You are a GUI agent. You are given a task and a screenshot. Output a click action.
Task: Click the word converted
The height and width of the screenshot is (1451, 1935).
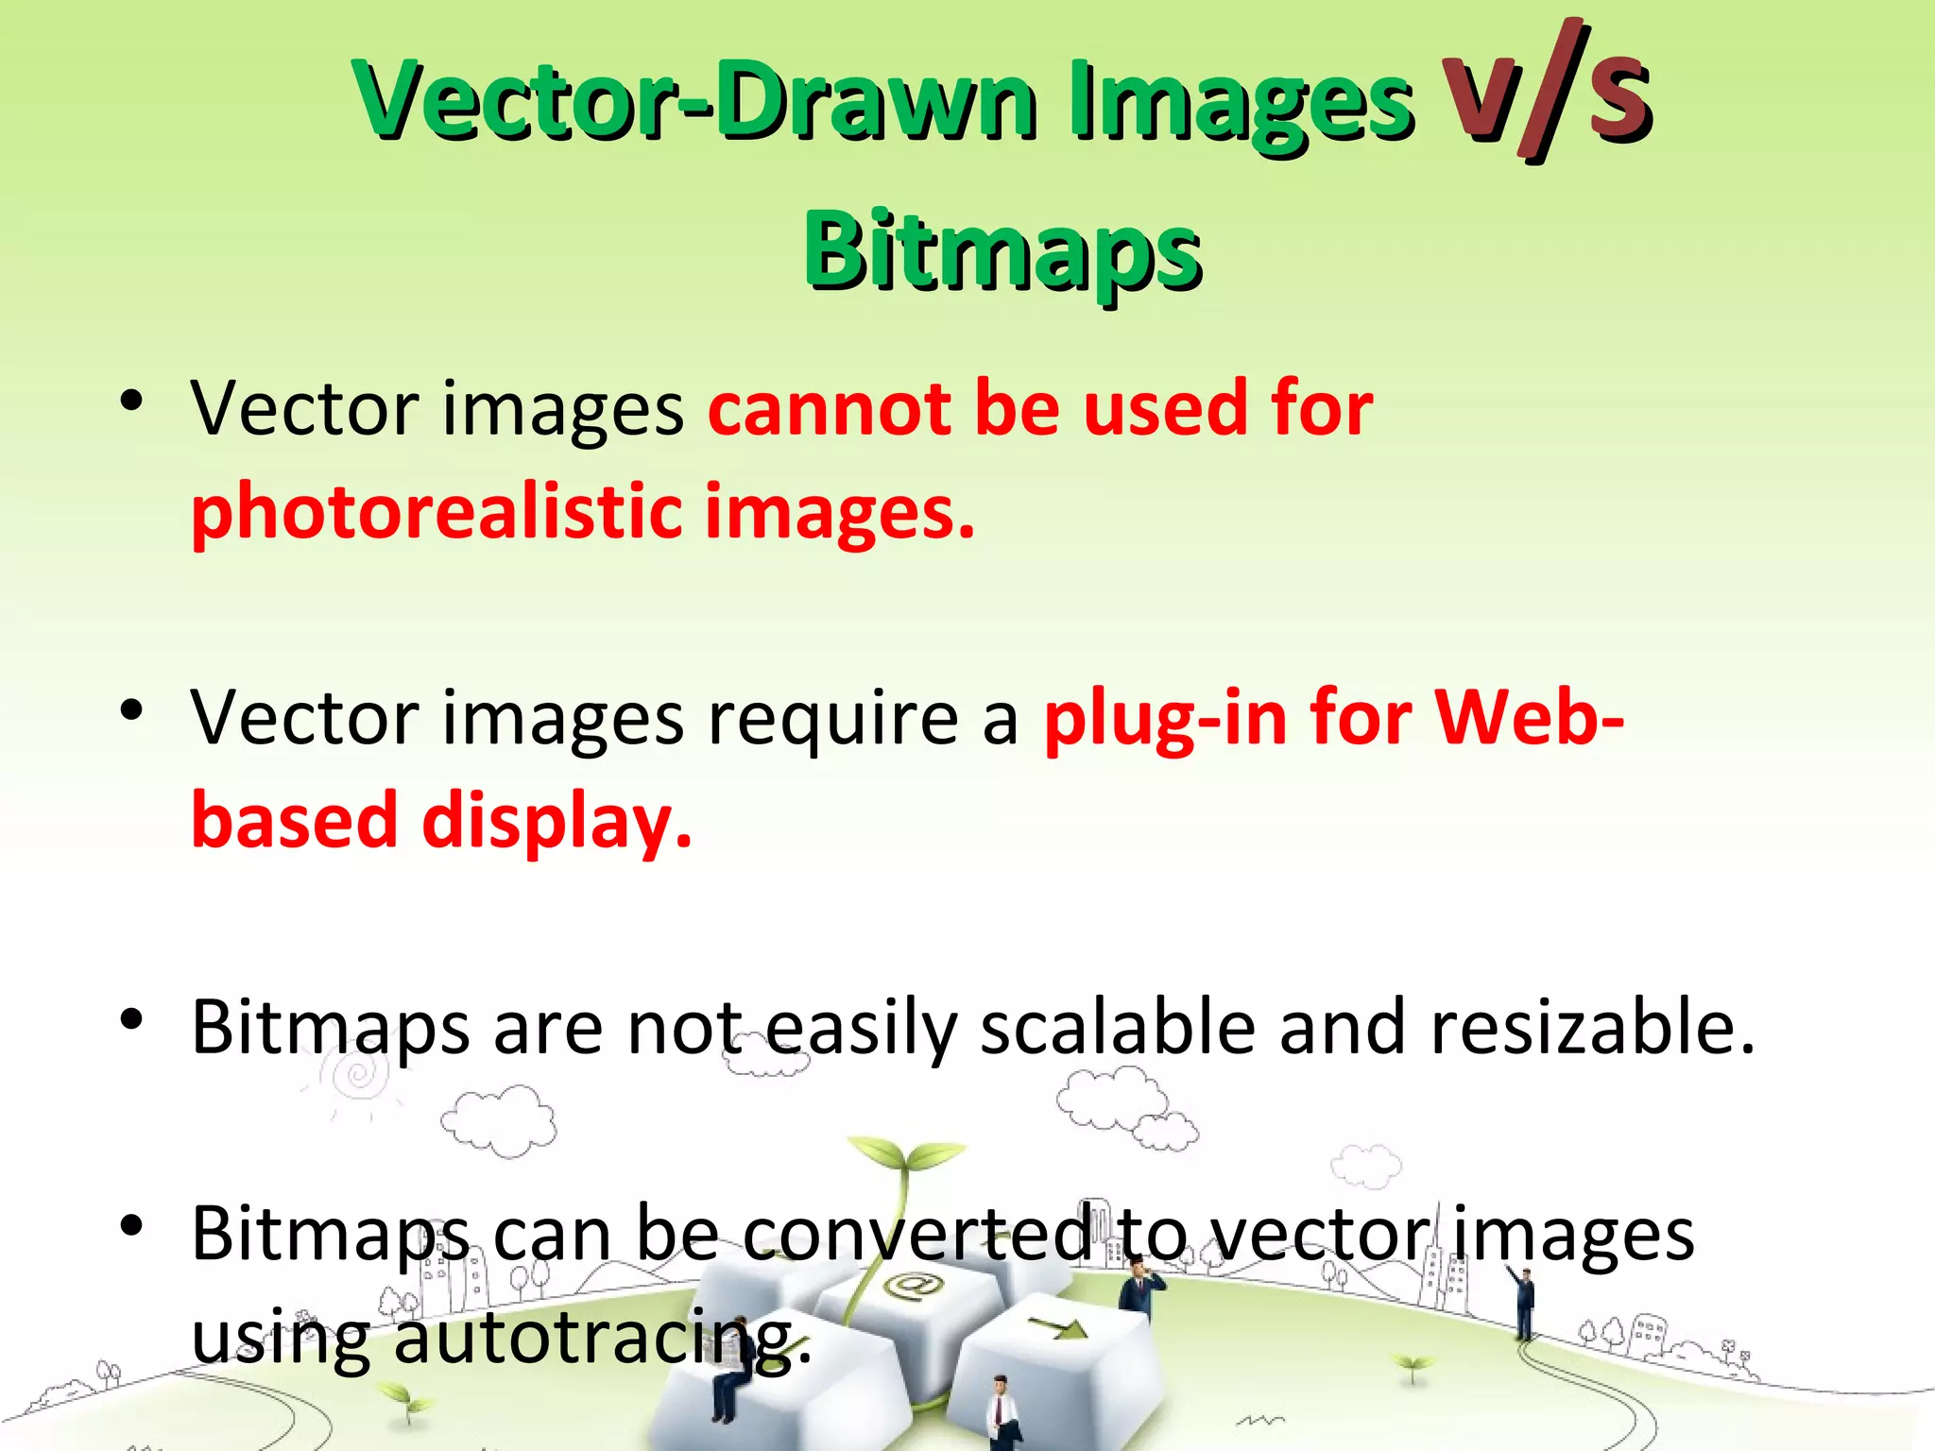coord(918,1236)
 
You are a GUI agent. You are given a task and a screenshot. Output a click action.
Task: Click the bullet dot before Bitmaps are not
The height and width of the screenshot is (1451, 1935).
coord(132,1019)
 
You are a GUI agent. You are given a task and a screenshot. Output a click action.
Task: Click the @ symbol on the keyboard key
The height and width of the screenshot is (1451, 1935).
coord(912,1286)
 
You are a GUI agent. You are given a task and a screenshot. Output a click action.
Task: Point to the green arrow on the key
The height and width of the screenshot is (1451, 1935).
coord(1060,1328)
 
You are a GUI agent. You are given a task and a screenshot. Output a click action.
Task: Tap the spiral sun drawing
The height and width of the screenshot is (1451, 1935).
coord(358,1074)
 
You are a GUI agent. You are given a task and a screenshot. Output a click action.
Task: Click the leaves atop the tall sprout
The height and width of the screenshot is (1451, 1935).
coord(905,1154)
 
